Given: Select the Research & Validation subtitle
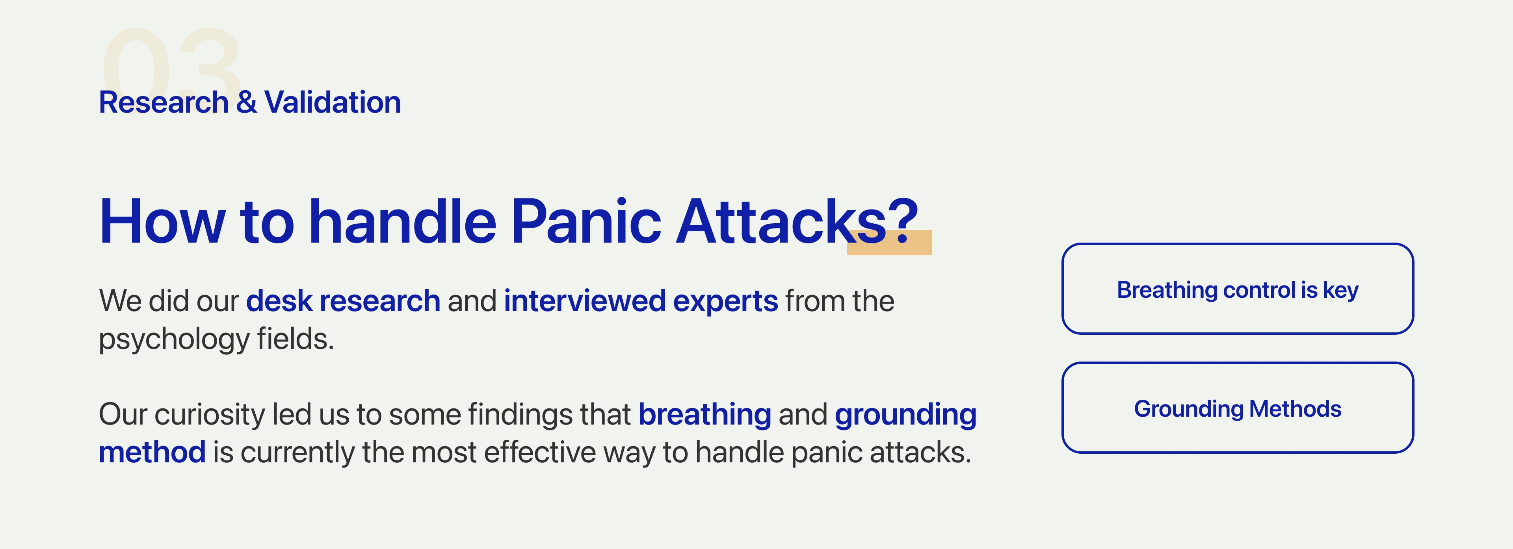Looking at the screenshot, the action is coord(250,102).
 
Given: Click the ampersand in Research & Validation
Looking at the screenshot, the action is coord(247,102).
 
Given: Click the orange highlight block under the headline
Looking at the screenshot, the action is coord(889,243).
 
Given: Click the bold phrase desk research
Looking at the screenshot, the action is coord(343,300).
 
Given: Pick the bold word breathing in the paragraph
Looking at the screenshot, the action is coord(705,415).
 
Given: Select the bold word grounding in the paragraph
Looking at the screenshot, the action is coord(906,415).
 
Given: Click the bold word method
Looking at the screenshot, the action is coord(152,453).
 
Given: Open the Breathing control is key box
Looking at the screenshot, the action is coord(1238,289).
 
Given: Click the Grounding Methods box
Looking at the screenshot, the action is coord(1238,408).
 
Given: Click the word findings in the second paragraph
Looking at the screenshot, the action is coord(519,415).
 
